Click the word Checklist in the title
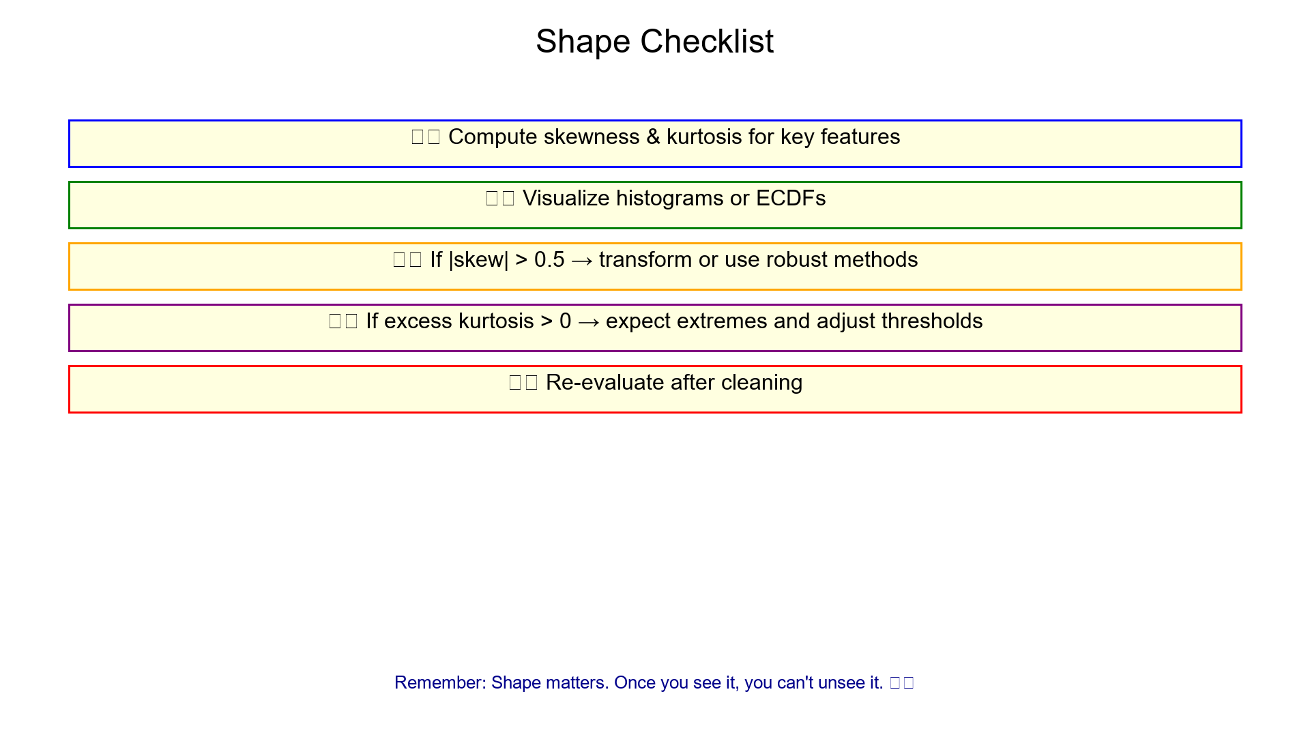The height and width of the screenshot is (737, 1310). (707, 42)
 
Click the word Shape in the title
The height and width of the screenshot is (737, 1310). (583, 42)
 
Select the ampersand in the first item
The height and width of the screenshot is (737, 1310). (653, 137)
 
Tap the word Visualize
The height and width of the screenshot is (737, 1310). (566, 199)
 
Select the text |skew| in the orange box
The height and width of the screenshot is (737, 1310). (478, 260)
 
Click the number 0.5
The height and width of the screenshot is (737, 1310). (549, 260)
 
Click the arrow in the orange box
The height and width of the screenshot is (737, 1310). (581, 261)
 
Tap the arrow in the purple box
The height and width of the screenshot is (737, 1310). (588, 322)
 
